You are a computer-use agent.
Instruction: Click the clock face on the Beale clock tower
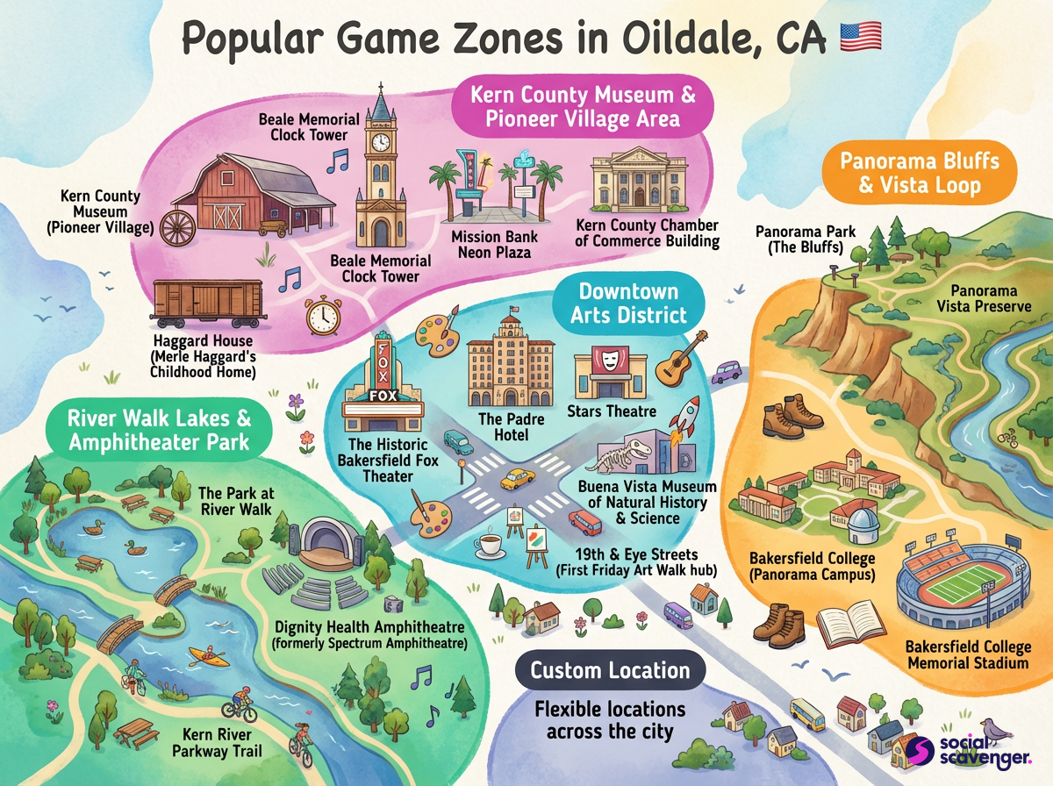[x=380, y=142]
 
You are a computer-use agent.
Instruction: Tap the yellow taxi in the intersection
[x=518, y=479]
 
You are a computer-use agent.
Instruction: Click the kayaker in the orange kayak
[x=203, y=655]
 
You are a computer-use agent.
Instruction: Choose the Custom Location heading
[x=610, y=671]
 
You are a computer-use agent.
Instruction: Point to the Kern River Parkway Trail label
[x=218, y=742]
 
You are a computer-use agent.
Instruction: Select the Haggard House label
[x=203, y=355]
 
